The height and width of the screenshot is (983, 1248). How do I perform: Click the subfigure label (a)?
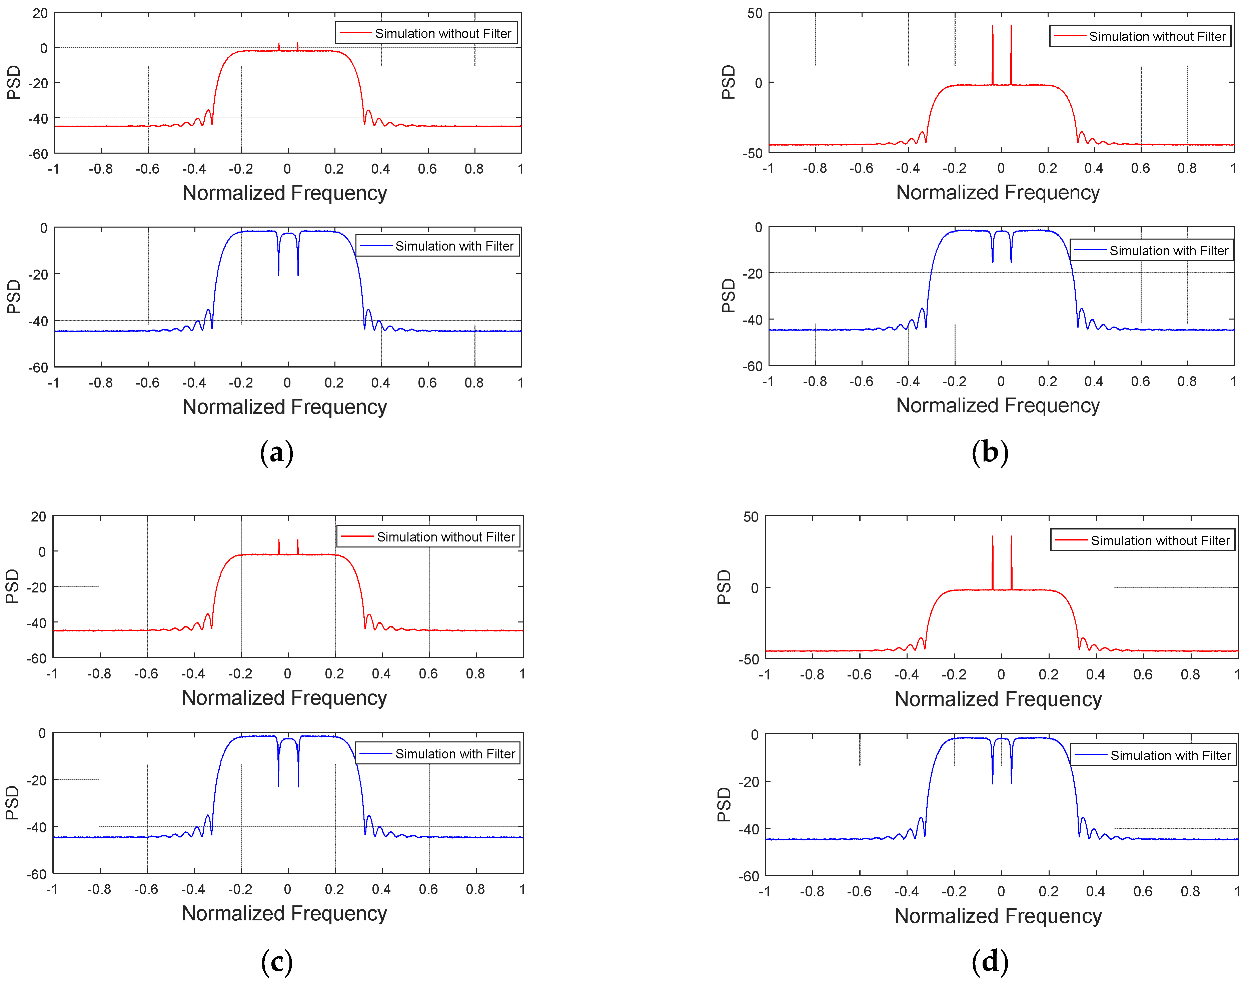[276, 453]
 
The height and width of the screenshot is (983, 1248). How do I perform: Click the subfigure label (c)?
[276, 962]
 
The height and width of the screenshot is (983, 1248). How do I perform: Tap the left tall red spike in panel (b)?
[992, 55]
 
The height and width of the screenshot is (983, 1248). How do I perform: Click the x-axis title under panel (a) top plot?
[284, 193]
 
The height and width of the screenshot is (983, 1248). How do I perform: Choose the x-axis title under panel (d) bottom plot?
[998, 916]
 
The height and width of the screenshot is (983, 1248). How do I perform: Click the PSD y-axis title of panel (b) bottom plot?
[729, 296]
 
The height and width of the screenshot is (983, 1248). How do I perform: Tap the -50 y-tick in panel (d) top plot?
[749, 659]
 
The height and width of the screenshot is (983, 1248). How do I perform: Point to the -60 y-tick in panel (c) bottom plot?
[36, 874]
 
